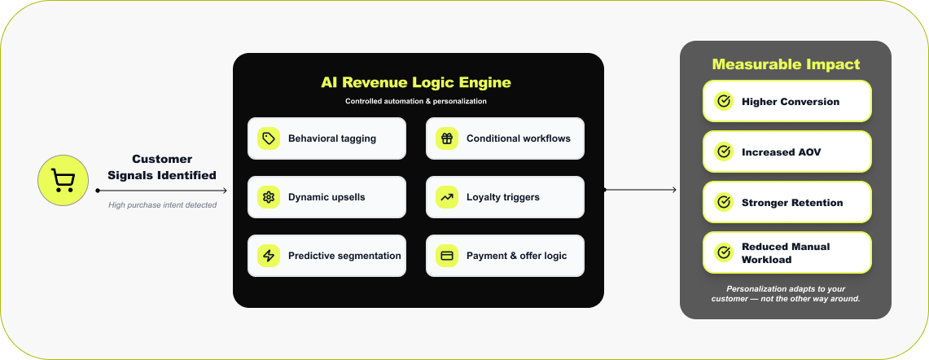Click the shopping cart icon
tap(63, 180)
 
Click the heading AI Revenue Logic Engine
tap(415, 82)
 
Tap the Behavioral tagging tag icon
tap(268, 138)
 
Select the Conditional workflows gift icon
tap(446, 138)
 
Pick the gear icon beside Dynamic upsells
tap(268, 197)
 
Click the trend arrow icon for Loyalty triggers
tap(446, 197)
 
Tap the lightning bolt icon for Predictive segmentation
tap(268, 256)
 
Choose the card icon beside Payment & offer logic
tap(446, 256)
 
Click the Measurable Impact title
tap(786, 64)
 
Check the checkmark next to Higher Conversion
tap(723, 102)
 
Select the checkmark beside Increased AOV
tap(723, 152)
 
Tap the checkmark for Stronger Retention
tap(723, 203)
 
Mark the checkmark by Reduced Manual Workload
tap(723, 253)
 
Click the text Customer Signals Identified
tap(162, 167)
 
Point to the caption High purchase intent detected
tap(162, 205)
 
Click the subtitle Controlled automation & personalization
tap(415, 102)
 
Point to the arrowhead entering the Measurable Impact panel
tap(673, 190)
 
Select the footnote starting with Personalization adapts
tap(786, 293)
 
